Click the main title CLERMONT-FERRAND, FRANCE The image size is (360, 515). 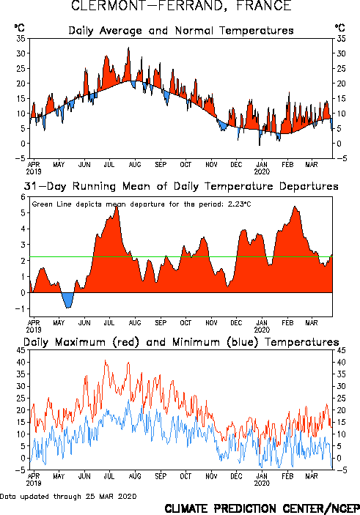click(x=181, y=6)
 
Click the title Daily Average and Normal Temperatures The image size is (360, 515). click(x=181, y=31)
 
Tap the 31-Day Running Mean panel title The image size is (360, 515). click(x=181, y=186)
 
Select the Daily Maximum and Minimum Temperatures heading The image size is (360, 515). click(x=181, y=342)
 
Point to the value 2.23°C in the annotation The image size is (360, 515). click(x=239, y=204)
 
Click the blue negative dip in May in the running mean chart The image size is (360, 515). click(x=68, y=300)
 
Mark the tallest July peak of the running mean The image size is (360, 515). click(x=117, y=207)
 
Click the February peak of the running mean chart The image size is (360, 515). click(x=295, y=207)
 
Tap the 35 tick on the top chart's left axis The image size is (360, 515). click(x=21, y=39)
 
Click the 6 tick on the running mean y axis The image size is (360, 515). click(x=23, y=197)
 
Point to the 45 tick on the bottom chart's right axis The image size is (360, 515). click(x=341, y=350)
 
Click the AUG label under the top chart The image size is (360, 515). click(x=135, y=164)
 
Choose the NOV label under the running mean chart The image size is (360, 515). click(x=211, y=323)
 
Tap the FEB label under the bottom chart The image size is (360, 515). click(x=287, y=476)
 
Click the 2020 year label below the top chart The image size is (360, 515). click(x=262, y=171)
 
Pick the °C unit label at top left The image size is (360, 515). click(x=19, y=28)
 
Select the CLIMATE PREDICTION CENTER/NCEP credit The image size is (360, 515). click(x=262, y=508)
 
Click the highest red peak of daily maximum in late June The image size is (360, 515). click(x=105, y=360)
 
